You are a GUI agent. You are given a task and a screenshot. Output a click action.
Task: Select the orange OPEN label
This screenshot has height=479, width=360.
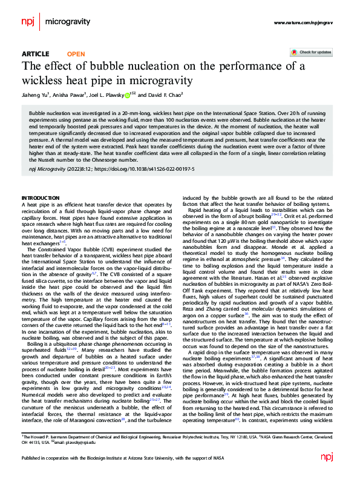tap(76, 54)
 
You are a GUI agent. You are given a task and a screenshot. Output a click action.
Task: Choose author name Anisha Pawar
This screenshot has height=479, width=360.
tap(72, 95)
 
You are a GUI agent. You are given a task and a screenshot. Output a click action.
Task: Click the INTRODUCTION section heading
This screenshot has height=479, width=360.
tap(40, 199)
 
